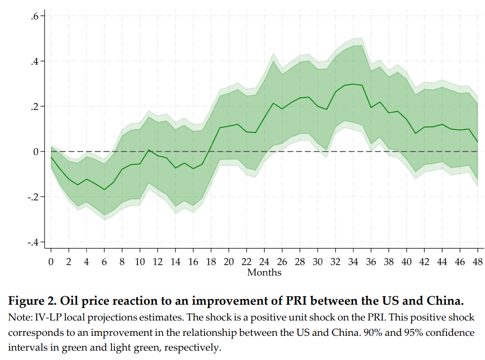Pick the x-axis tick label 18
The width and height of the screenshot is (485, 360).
click(211, 262)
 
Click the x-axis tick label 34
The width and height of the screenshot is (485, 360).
click(354, 262)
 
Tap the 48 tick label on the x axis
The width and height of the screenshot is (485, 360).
click(478, 262)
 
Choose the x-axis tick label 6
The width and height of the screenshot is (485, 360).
click(104, 262)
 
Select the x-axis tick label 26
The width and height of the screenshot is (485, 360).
click(282, 262)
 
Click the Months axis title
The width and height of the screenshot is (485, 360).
click(264, 273)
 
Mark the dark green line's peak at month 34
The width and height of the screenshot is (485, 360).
click(354, 84)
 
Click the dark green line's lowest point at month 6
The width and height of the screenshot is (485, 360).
click(104, 190)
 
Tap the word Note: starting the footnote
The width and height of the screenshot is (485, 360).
click(19, 317)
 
